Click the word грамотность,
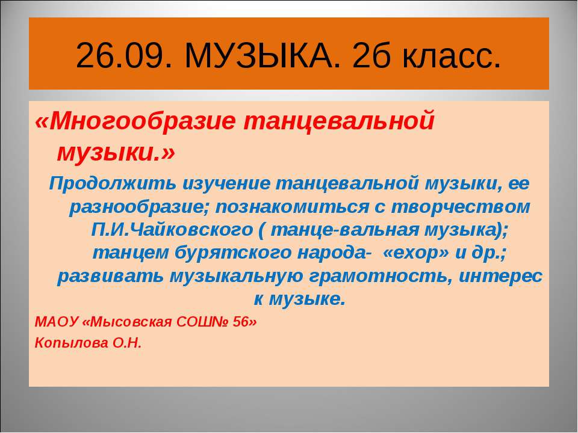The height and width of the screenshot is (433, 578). pos(387,277)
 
